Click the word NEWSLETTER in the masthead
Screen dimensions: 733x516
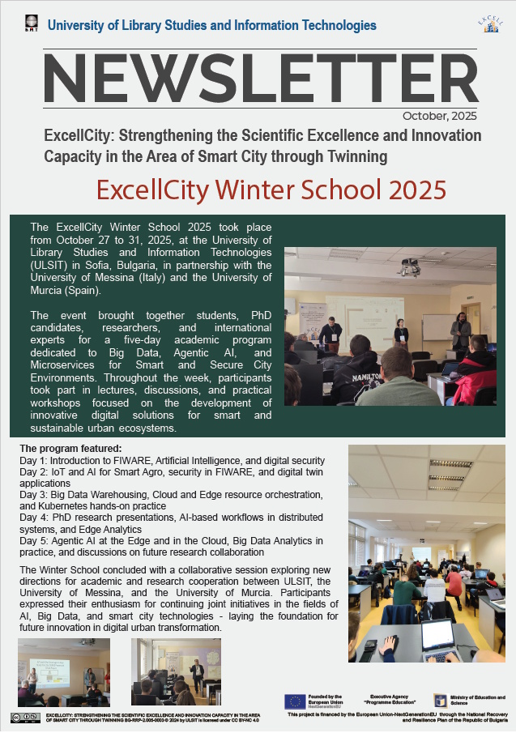coord(260,80)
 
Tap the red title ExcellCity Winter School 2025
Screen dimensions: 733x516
coord(271,190)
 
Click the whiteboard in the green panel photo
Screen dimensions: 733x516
coord(438,326)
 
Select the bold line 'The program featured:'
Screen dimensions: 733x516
coord(70,449)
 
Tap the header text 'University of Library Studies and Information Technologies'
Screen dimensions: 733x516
coord(212,25)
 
